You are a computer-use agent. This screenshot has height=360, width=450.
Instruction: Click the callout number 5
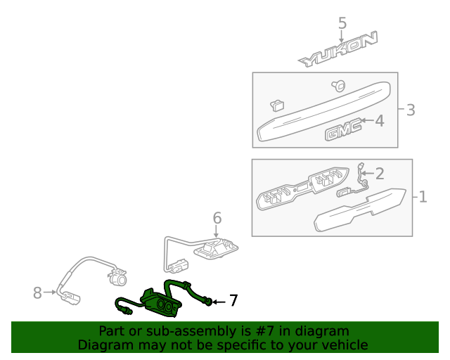coord(342,23)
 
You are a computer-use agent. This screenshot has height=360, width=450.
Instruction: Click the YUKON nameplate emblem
coord(337,49)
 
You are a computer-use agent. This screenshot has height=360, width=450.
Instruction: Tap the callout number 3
coord(411,110)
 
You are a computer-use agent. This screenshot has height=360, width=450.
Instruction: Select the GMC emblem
coord(343,130)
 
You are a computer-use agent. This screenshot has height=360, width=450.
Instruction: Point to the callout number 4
coord(380,121)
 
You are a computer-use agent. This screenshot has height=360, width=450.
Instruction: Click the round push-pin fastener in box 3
coord(338,86)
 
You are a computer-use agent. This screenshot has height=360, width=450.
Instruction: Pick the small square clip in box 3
coord(277,105)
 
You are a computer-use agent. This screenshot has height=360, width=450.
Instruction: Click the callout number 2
coord(380,174)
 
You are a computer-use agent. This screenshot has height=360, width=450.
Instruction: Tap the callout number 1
coord(423,197)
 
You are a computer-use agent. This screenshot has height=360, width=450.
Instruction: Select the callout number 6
coord(217,218)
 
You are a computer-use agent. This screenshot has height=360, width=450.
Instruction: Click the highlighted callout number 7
coord(233,300)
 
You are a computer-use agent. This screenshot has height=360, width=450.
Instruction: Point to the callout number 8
coord(37,292)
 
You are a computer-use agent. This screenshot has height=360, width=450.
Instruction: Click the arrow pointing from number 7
coord(219,302)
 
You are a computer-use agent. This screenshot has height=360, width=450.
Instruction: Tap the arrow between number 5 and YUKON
coord(341,37)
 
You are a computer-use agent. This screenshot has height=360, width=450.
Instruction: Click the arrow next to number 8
coord(50,292)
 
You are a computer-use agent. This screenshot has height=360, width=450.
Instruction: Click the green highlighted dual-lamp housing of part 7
coord(161,304)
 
